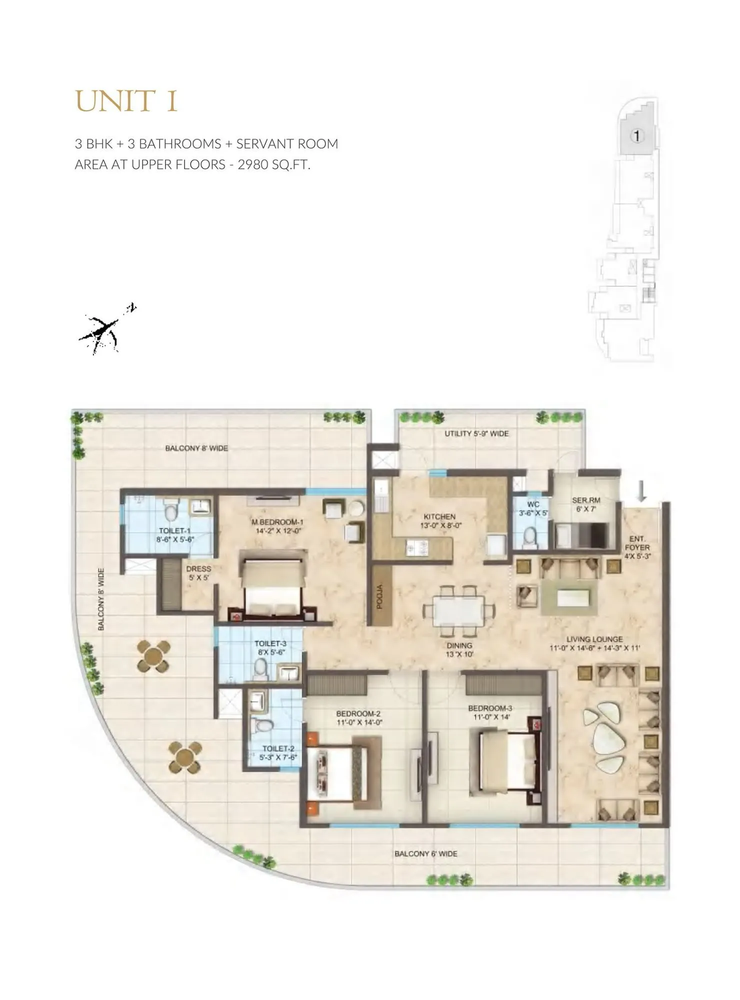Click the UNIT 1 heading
126,101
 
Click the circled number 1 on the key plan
636,135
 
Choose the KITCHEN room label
439,516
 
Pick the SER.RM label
586,500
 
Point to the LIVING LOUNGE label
594,639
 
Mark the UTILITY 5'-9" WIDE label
476,433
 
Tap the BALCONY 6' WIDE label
425,853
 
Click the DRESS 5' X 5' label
198,573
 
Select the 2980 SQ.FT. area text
274,164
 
